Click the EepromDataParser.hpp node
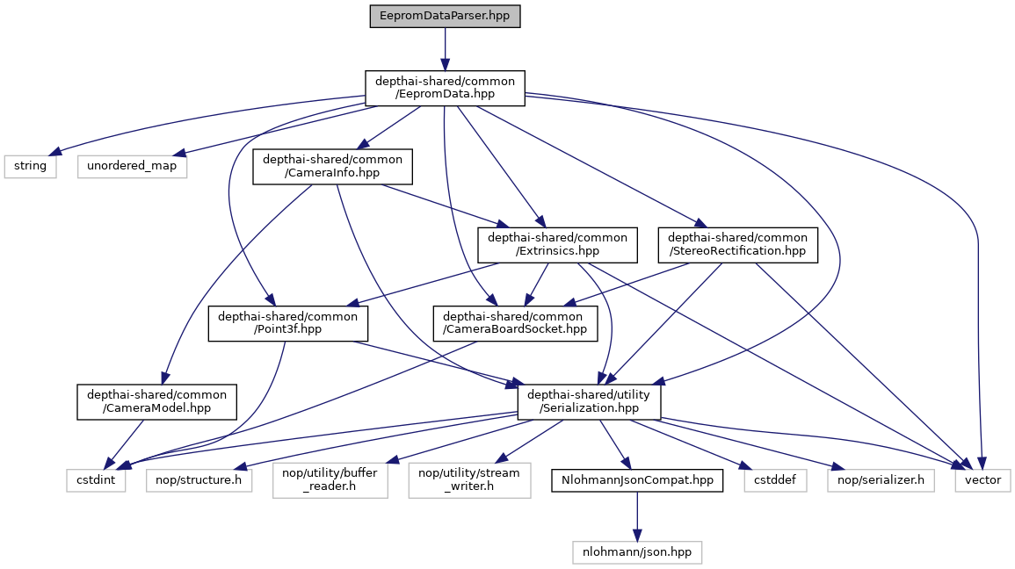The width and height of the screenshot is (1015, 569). (x=445, y=17)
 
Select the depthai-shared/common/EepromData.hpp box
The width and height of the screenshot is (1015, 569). (x=445, y=88)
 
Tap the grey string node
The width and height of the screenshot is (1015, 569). (x=31, y=165)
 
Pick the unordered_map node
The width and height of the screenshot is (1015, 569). (x=132, y=165)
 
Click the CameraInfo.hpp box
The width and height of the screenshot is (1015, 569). (x=333, y=166)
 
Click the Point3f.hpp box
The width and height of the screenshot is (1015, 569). (x=287, y=323)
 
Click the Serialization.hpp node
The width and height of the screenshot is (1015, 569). (x=589, y=401)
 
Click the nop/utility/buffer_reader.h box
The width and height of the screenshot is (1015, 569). (x=330, y=480)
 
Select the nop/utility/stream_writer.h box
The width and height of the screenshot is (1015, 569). (x=470, y=480)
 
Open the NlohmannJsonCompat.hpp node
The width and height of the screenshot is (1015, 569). (x=637, y=480)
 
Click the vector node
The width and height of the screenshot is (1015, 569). (x=983, y=480)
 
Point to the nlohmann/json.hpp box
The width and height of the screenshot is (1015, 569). (x=637, y=551)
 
